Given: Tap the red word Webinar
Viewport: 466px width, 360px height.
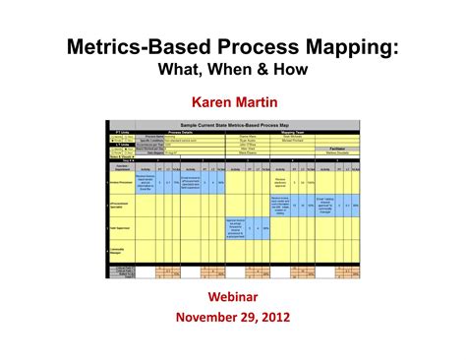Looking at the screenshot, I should (x=234, y=296).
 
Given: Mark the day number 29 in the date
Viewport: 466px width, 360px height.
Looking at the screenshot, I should (x=246, y=317).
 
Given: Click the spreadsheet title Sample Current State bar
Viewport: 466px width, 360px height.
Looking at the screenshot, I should (x=234, y=123).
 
